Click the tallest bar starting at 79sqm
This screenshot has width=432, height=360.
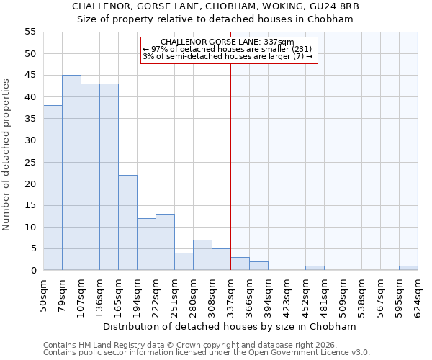pos(71,173)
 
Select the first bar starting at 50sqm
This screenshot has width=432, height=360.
pos(53,188)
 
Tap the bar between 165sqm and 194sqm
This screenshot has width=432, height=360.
pos(127,222)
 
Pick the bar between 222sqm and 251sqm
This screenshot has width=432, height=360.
pos(165,242)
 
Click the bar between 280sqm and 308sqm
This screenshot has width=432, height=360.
pos(202,255)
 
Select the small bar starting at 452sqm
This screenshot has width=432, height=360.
pos(315,268)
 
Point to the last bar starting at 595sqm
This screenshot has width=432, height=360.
pos(408,268)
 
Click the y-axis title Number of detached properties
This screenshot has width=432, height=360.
pos(6,154)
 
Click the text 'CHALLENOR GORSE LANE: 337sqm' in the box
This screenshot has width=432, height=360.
pos(228,42)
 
